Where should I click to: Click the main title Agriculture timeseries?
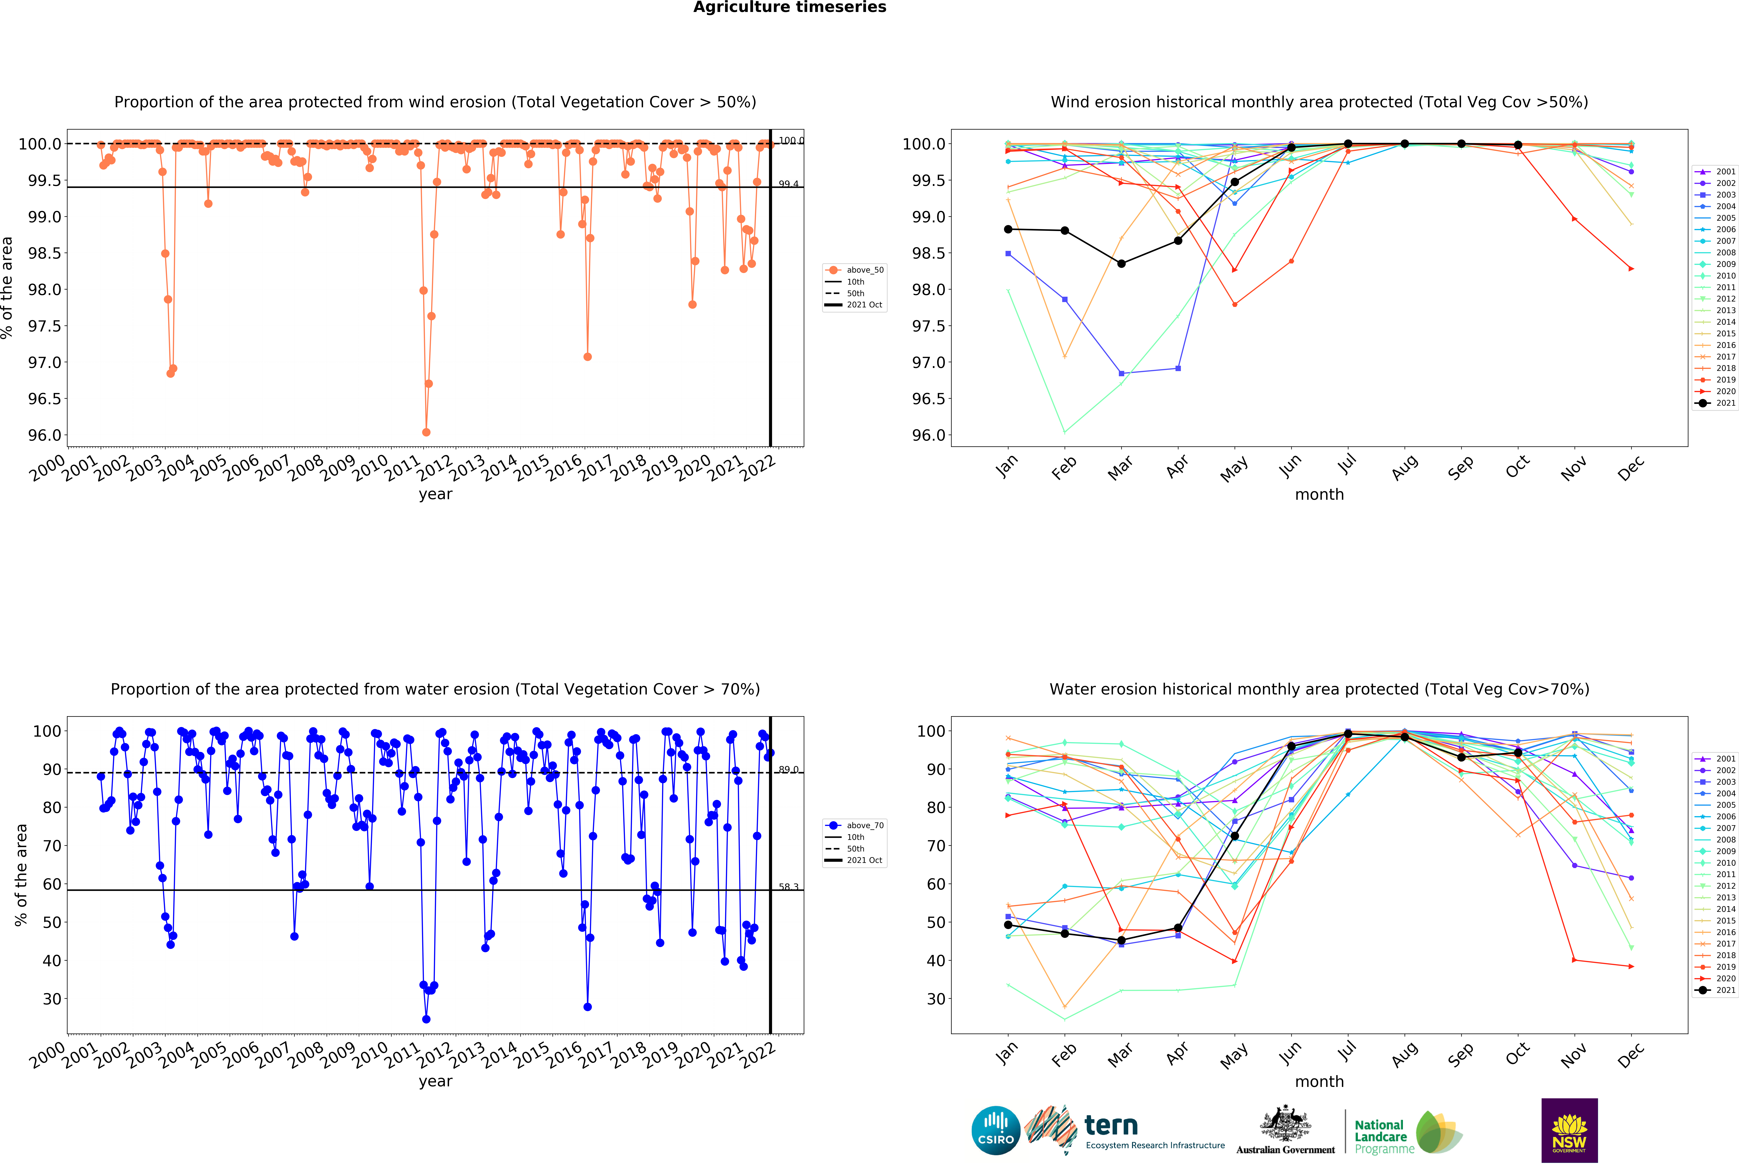(789, 8)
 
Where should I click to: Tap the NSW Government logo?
(1569, 1130)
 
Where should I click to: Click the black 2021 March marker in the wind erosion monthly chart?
(1121, 264)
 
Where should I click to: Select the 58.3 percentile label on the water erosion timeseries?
(788, 887)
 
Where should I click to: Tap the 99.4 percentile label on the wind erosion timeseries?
(788, 184)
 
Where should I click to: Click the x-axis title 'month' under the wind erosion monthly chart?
(1319, 495)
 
